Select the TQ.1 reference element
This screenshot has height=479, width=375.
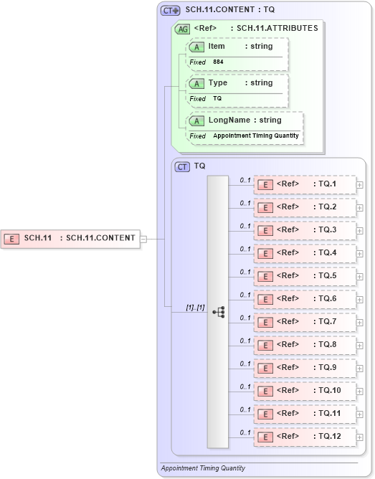pos(305,184)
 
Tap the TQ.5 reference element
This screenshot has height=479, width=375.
pos(305,276)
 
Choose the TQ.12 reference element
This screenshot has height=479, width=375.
pos(305,437)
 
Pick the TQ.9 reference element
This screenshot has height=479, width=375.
pos(305,368)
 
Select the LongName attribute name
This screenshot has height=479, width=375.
pos(224,120)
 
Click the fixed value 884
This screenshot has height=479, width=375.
pos(218,62)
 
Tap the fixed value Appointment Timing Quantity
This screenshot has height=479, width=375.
pos(255,136)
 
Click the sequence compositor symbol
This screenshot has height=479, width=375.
pos(219,312)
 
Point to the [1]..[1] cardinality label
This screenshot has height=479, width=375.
pos(195,308)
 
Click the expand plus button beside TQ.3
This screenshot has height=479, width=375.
pos(360,231)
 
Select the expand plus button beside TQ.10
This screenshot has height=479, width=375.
pos(360,392)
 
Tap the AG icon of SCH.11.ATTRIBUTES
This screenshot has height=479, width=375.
pos(183,29)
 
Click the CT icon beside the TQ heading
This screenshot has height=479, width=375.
pos(183,166)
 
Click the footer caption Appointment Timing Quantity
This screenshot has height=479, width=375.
pos(203,468)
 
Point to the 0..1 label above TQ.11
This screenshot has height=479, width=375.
pos(245,409)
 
